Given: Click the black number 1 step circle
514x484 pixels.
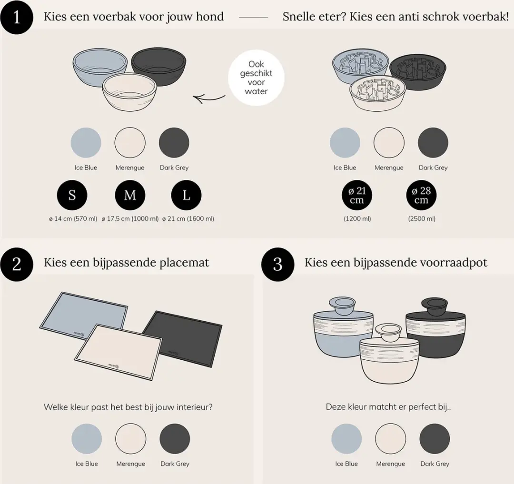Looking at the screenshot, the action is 16,17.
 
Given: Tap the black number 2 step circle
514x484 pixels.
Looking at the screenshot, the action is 16,264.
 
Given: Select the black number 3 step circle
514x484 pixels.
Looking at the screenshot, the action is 277,264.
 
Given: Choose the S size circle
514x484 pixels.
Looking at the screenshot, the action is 72,195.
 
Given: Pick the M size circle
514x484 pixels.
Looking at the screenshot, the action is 130,195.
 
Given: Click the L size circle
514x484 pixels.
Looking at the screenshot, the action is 186,195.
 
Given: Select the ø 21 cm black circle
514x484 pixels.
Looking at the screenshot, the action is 356,195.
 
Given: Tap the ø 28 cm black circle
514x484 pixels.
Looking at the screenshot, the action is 421,195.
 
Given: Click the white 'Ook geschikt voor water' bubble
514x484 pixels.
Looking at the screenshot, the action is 256,78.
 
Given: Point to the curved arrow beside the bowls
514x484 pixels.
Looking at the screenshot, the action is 208,98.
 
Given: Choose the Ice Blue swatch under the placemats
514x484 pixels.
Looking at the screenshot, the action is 87,438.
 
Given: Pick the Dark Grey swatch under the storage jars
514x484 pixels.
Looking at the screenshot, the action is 435,438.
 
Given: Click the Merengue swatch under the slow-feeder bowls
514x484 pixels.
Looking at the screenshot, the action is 389,143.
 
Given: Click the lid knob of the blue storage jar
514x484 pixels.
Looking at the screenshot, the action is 342,306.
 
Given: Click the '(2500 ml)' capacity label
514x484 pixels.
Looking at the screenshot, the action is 422,218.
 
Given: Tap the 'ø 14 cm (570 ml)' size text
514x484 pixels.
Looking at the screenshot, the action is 73,218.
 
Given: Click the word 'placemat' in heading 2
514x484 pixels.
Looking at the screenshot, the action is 184,263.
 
